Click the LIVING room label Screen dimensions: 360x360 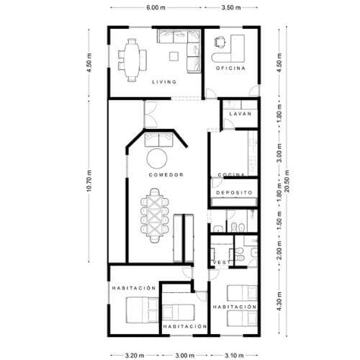[x=164, y=82]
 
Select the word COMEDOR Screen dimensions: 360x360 [x=166, y=175]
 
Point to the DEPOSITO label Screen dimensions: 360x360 [x=233, y=193]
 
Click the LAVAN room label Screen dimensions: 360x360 [x=238, y=114]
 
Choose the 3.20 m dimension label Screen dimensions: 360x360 [x=133, y=355]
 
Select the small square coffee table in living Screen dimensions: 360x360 [x=173, y=55]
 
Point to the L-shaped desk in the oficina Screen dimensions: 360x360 [x=230, y=47]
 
